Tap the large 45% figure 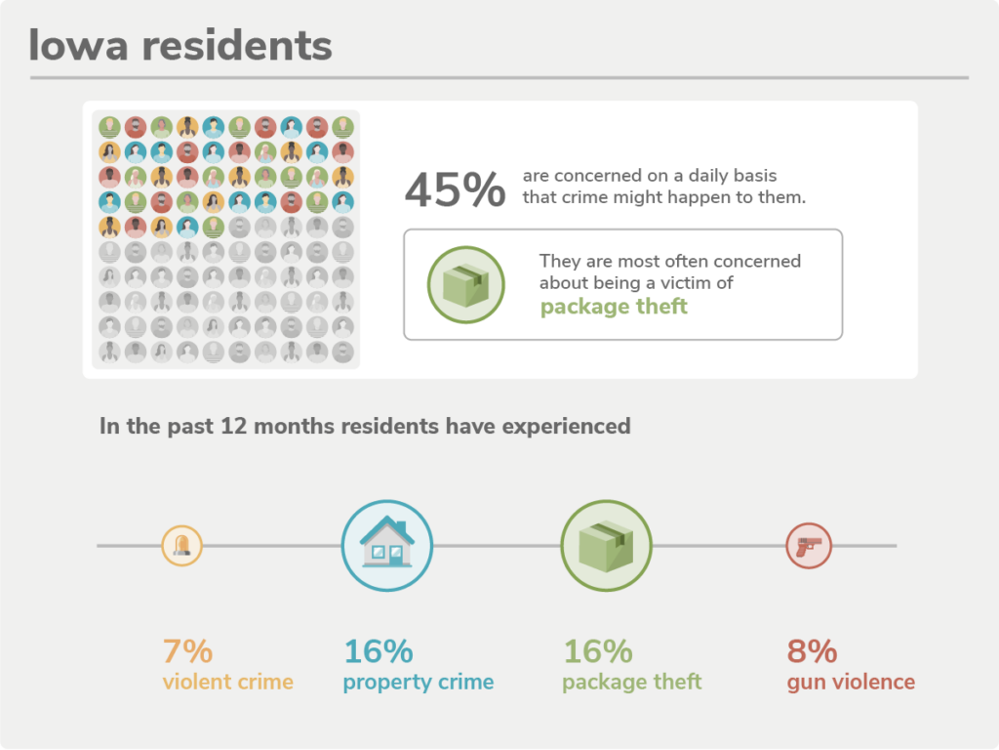coord(455,189)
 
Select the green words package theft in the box coord(614,307)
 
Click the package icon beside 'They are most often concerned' coord(466,284)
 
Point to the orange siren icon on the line coord(181,545)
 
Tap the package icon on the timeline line coord(606,545)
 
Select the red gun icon coord(809,545)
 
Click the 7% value coord(187,650)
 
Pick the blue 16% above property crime coord(379,650)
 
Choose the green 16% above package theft coord(598,650)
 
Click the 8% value coord(813,650)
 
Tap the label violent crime coord(227,682)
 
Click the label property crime coord(418,682)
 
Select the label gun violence coord(851,682)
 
